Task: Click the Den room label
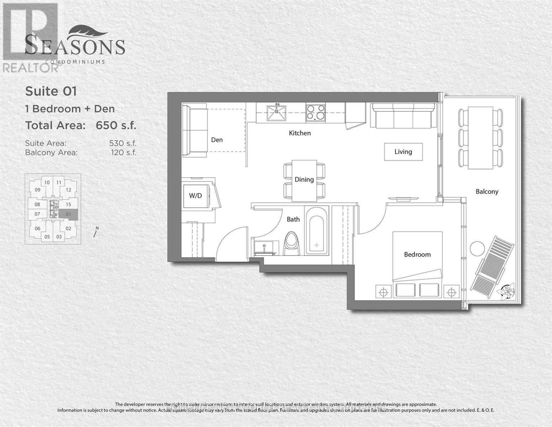217,140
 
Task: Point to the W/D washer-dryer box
195,196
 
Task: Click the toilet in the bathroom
292,243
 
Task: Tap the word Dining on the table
304,179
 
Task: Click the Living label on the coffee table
403,152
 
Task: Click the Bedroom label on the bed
417,254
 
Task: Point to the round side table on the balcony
477,248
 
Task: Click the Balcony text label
487,191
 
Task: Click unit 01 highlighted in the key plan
68,214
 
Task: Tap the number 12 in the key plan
69,190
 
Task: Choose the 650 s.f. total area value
116,126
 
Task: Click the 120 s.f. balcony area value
123,153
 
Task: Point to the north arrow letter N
97,228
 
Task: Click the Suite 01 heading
51,91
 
